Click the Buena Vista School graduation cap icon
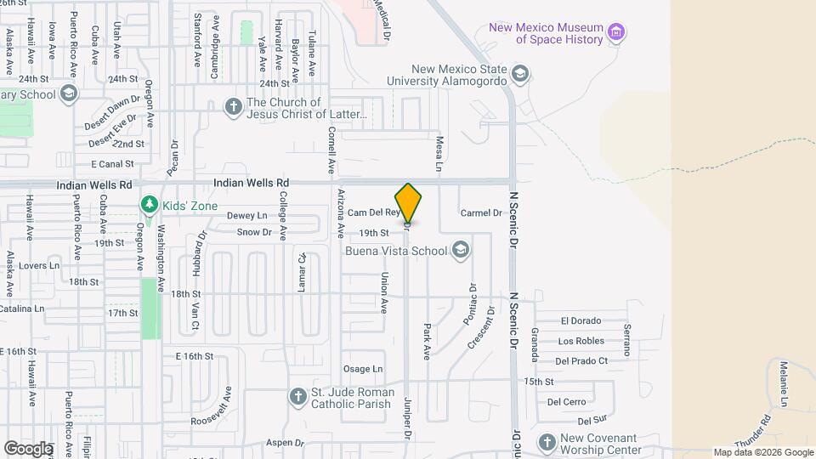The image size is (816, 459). (x=461, y=250)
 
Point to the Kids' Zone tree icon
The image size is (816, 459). (x=150, y=206)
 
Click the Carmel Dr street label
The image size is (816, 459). (x=481, y=213)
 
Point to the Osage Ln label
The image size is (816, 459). (x=363, y=369)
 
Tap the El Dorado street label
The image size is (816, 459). (x=581, y=321)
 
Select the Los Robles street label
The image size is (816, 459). (x=581, y=342)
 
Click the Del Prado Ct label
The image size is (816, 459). (x=581, y=361)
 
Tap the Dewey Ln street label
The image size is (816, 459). (x=246, y=216)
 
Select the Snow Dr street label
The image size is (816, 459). (x=254, y=232)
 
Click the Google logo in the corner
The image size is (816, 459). (x=28, y=448)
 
